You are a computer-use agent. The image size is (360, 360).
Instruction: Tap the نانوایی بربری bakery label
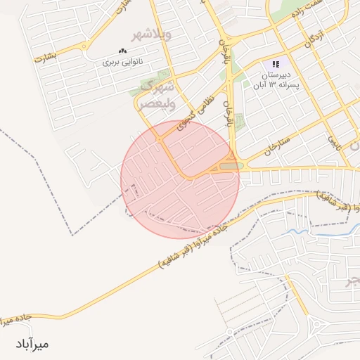pos(123,63)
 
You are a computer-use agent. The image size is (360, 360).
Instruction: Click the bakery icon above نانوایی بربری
pos(123,51)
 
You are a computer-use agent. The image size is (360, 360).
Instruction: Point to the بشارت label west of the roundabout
pos(44,59)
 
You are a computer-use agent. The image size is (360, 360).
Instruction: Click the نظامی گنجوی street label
pos(197,112)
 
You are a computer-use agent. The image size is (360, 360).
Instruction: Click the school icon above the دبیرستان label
pos(276,63)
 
